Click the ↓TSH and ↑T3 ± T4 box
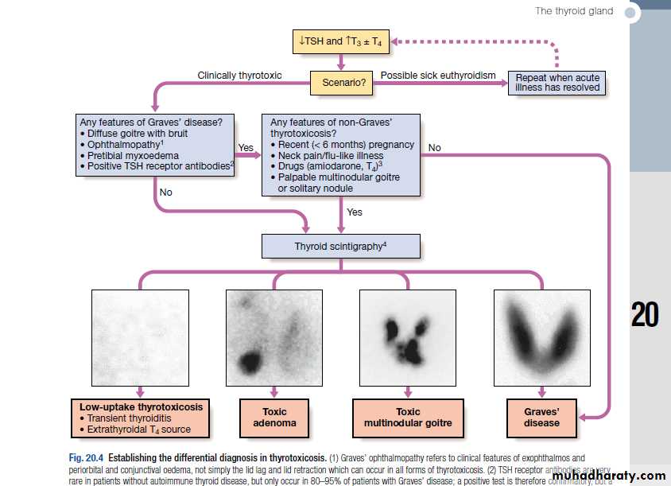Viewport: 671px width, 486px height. click(x=342, y=41)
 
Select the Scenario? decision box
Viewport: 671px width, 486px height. click(x=342, y=82)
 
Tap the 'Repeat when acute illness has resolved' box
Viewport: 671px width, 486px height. click(x=557, y=82)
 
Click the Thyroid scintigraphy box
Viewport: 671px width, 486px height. click(x=340, y=246)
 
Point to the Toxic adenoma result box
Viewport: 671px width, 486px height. click(x=273, y=418)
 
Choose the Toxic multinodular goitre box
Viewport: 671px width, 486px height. click(x=408, y=418)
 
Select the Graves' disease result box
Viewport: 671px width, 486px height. click(x=541, y=418)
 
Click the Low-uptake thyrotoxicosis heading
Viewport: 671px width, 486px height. click(x=141, y=406)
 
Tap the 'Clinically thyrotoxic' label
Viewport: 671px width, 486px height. click(x=239, y=76)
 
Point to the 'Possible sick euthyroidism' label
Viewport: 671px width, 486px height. click(x=438, y=76)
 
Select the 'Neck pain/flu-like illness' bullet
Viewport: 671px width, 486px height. click(x=331, y=156)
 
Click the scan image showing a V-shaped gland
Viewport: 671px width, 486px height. click(x=541, y=338)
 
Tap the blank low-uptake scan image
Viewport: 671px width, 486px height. click(x=140, y=338)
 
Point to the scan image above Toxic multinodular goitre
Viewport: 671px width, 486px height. click(x=408, y=338)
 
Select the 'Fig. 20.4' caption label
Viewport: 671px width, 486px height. click(x=87, y=458)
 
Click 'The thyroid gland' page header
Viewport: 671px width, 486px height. click(x=575, y=11)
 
